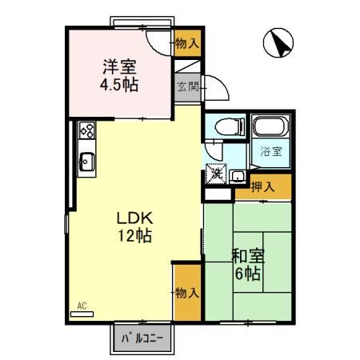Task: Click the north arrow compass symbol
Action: [278, 42]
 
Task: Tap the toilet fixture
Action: [230, 127]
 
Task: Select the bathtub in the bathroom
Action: [271, 126]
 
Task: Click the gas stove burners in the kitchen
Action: [87, 130]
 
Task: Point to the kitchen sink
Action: [86, 162]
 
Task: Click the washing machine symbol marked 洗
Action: [217, 174]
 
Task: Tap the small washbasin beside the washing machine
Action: [238, 176]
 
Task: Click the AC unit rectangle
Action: [82, 314]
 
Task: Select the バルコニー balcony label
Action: [142, 338]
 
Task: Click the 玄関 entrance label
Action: [188, 86]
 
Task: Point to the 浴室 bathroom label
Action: [271, 152]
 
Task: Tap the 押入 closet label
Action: [262, 186]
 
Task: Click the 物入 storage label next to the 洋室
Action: [187, 43]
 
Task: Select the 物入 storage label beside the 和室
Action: [187, 293]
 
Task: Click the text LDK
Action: [135, 218]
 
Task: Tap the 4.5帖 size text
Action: [119, 85]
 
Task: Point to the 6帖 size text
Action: [248, 274]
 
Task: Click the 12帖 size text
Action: [135, 235]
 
